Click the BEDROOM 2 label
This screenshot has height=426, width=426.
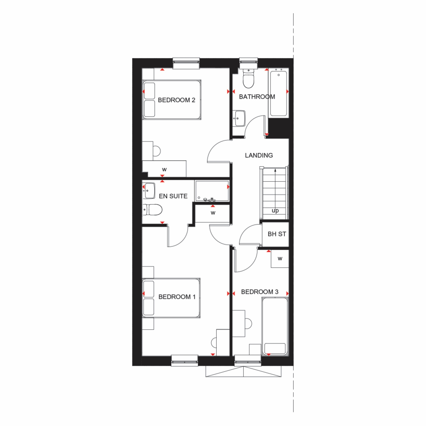click(176, 100)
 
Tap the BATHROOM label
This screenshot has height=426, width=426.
click(257, 97)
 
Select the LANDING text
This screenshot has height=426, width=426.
click(259, 155)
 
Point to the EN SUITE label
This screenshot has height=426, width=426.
click(173, 196)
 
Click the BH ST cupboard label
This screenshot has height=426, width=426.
click(277, 234)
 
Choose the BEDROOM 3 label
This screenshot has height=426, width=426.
click(260, 292)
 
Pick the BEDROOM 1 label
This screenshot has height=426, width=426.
click(177, 297)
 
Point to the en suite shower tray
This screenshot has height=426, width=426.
click(212, 191)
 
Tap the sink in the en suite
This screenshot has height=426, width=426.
click(149, 191)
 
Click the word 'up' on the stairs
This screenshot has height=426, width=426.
click(275, 211)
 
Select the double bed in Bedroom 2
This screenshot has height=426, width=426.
click(172, 100)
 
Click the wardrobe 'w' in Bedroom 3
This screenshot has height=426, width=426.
click(280, 259)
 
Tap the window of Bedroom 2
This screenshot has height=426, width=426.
click(186, 63)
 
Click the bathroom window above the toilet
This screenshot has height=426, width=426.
click(248, 63)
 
